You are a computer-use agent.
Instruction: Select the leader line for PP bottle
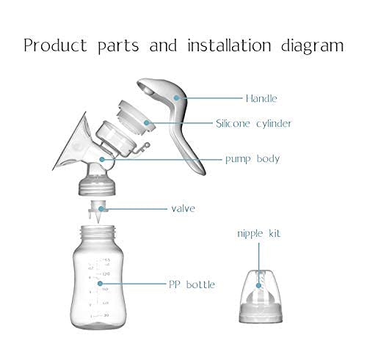(147, 284)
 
